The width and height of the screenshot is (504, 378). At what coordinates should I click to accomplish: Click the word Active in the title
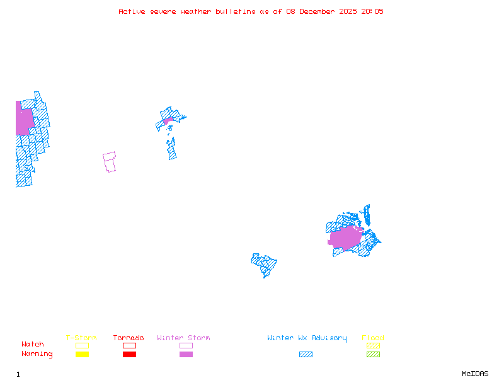132,11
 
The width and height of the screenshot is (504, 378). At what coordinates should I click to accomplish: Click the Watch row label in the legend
33,345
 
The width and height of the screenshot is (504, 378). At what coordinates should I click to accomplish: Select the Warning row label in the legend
37,354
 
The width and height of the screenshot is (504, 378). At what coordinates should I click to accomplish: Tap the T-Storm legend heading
81,338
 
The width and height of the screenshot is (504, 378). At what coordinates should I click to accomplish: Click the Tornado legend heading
129,338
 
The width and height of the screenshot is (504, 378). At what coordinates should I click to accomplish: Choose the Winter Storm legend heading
183,338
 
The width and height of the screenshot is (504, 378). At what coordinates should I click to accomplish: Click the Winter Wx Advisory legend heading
307,338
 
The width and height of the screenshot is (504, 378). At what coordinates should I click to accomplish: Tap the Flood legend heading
373,338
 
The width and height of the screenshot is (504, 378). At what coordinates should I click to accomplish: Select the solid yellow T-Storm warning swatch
82,355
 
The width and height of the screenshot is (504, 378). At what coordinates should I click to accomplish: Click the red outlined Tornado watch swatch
129,345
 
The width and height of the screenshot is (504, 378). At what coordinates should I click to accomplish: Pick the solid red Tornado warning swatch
129,355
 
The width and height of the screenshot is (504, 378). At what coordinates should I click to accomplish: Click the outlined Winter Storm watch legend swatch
186,345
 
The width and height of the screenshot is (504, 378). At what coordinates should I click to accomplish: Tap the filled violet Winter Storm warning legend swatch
186,355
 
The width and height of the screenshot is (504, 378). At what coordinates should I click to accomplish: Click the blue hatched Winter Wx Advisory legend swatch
306,355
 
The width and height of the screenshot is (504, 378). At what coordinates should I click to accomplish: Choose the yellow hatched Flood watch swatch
373,345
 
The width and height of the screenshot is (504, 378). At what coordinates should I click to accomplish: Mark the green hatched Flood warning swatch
373,355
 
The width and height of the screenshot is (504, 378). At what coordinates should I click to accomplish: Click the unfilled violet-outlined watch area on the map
110,162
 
